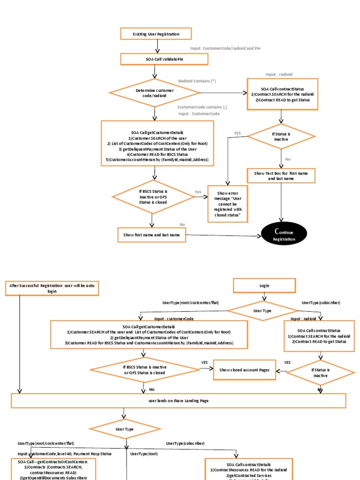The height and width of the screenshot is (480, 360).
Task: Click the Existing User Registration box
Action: [x=150, y=34]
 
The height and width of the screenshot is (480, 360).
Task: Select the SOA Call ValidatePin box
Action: [x=164, y=59]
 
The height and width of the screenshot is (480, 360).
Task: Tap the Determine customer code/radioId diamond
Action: [x=155, y=92]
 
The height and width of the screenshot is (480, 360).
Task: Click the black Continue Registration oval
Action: [x=284, y=234]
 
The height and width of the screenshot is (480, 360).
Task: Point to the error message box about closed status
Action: [x=228, y=204]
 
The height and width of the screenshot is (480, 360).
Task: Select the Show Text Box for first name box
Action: [x=281, y=176]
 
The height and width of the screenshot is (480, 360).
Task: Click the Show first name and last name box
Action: [x=151, y=235]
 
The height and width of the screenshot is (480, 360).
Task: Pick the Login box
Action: [x=264, y=285]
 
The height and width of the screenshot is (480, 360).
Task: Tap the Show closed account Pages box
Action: [x=244, y=370]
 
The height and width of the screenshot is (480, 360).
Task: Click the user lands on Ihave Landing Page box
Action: [x=179, y=401]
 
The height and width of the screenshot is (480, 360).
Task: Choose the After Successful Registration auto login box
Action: [x=52, y=288]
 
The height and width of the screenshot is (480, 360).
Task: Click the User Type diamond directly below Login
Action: [x=262, y=310]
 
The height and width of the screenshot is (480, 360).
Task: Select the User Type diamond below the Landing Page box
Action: [x=124, y=429]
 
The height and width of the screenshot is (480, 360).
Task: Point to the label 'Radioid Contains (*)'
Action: [x=197, y=81]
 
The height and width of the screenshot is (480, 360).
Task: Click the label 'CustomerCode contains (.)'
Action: [x=202, y=107]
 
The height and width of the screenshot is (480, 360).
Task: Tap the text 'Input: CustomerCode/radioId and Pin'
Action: [x=225, y=48]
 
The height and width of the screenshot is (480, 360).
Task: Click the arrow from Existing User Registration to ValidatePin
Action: [x=158, y=46]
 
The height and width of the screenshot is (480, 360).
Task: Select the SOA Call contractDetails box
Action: [x=255, y=469]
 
